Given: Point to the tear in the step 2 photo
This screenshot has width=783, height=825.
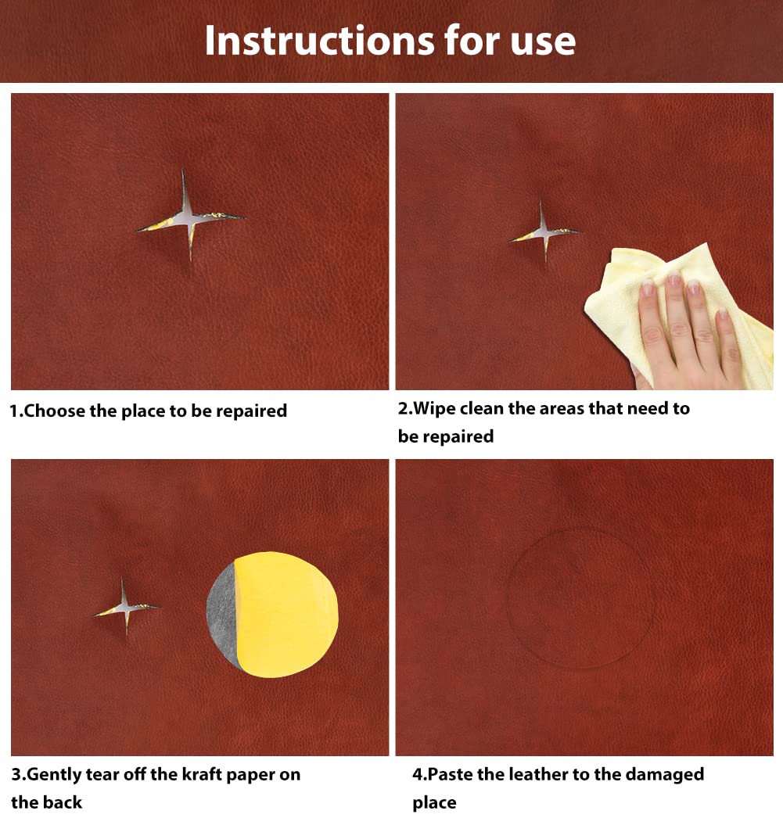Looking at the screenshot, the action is tap(544, 232).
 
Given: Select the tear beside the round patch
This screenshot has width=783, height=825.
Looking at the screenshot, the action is tap(125, 607).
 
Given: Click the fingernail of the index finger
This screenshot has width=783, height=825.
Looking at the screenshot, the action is tap(648, 288).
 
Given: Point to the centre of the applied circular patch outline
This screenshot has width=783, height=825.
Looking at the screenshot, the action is tap(580, 598).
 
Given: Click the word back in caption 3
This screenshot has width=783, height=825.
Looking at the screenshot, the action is tap(62, 802).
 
